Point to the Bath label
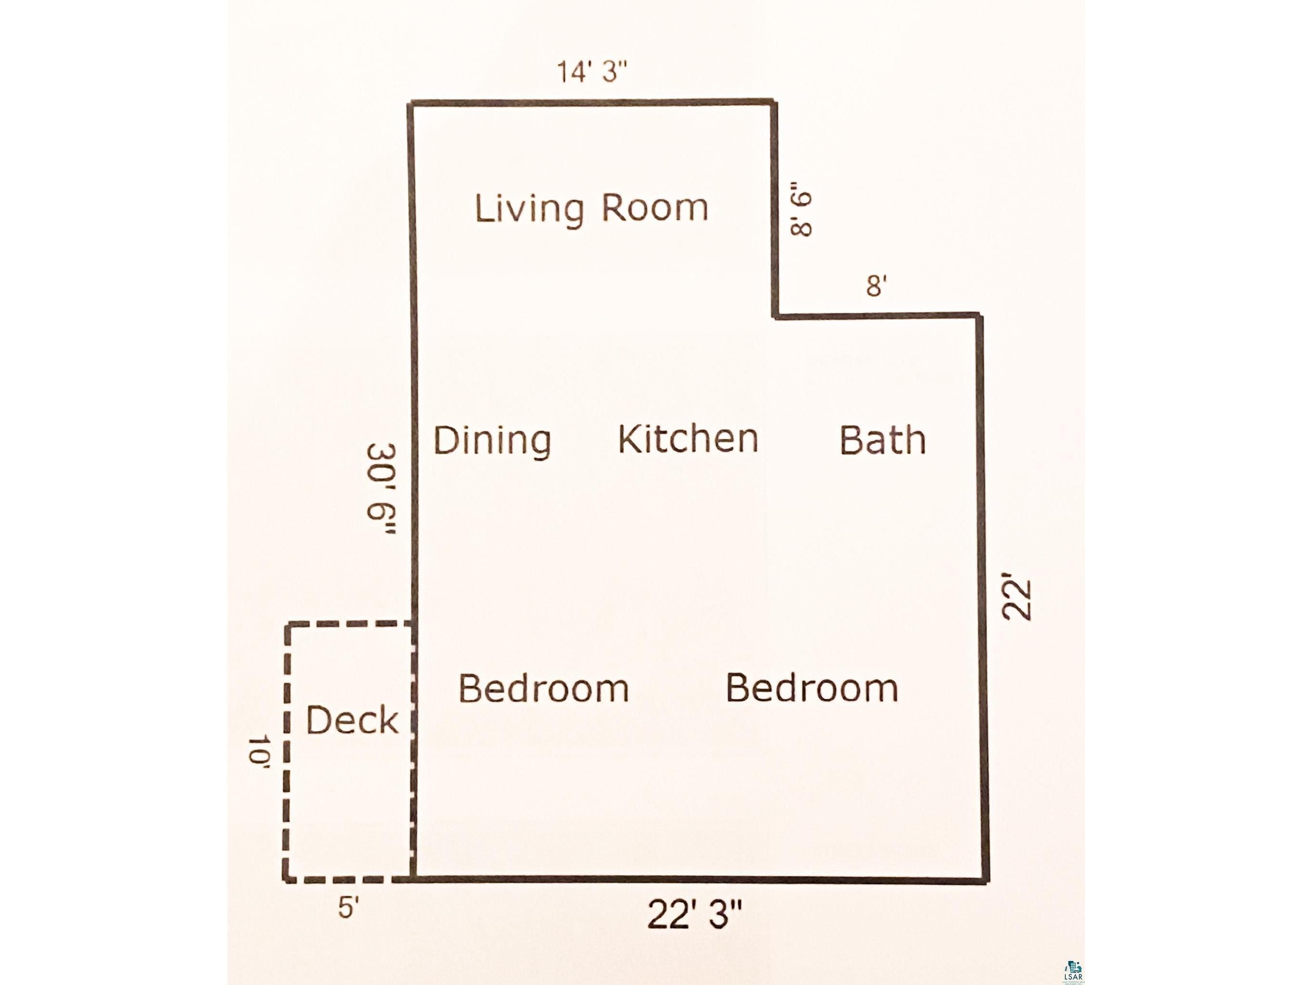(883, 440)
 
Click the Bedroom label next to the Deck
(544, 688)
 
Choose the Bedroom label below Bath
(812, 688)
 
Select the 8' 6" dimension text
(802, 213)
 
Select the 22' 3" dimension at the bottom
(694, 931)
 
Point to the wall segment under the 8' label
(877, 316)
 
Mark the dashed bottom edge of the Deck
(349, 879)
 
